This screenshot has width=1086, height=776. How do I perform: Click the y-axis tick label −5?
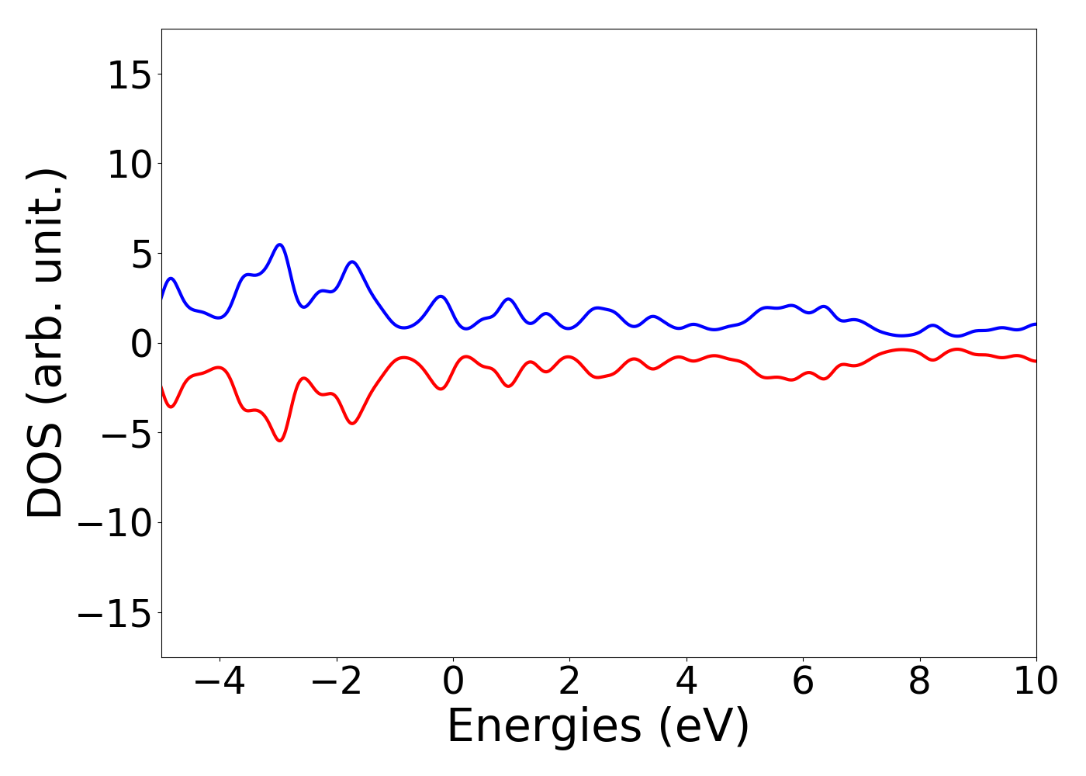[123, 434]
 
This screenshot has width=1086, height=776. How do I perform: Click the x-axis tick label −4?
[220, 682]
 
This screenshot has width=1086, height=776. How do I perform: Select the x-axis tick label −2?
[336, 682]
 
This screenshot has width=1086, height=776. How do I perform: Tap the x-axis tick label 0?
[453, 682]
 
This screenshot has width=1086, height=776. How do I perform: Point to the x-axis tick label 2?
[569, 682]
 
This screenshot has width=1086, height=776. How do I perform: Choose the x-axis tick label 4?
[687, 682]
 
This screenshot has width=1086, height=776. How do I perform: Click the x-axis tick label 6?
[803, 682]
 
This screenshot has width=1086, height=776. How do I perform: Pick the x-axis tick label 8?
[919, 682]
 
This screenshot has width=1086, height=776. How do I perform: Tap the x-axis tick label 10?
[1036, 682]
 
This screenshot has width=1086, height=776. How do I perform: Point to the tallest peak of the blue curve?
[280, 244]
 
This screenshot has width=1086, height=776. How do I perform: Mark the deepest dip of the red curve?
[280, 441]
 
